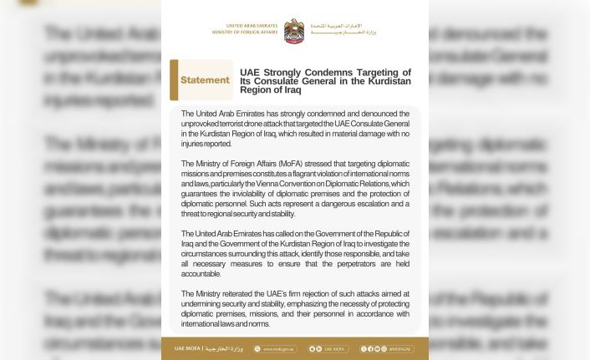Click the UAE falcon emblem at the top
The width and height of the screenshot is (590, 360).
(294, 31)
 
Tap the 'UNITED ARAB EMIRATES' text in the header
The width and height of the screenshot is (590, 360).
(247, 26)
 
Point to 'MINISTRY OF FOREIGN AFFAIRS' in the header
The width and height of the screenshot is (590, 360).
(245, 33)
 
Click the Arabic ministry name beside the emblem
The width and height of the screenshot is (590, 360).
(343, 29)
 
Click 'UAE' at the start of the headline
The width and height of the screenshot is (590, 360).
(250, 73)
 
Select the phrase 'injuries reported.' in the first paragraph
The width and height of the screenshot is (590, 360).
(207, 144)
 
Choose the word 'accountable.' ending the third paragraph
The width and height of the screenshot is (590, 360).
(201, 274)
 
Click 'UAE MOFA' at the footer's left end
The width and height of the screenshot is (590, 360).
(187, 348)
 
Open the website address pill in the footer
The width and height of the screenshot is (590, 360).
(275, 349)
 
